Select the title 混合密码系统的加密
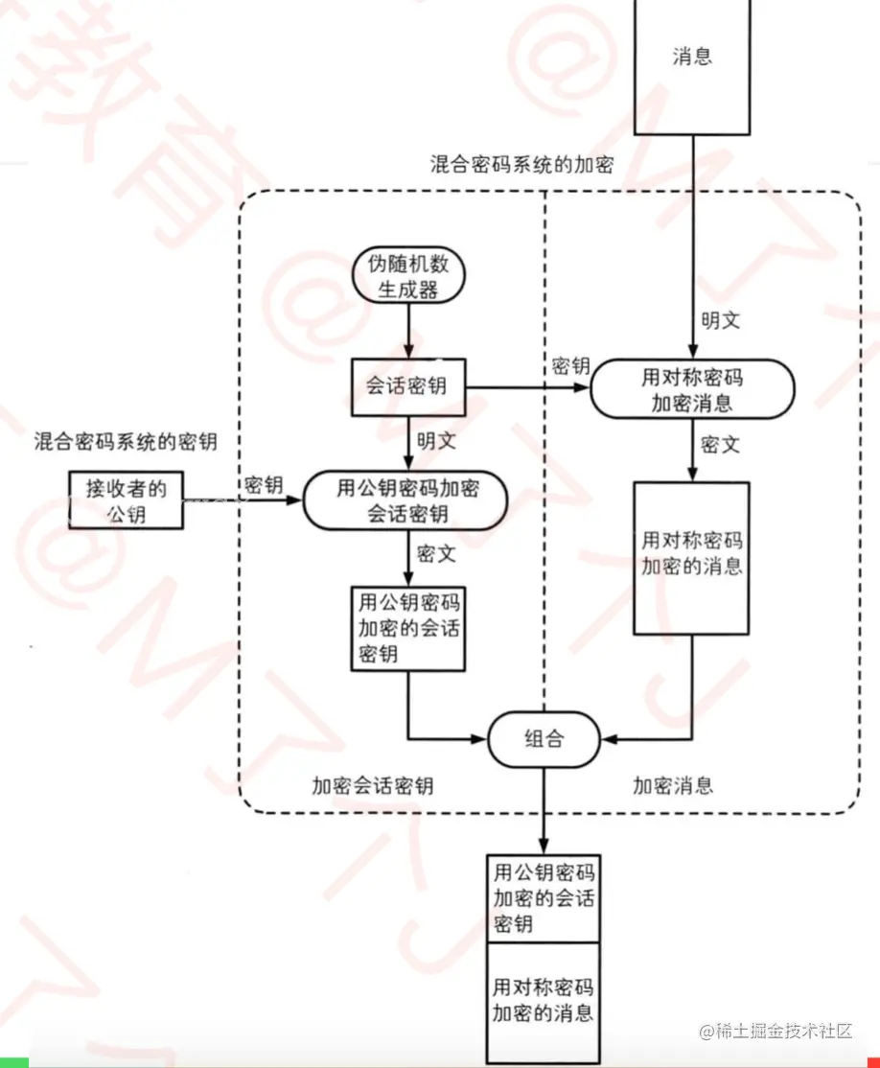coord(521,166)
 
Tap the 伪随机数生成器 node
coord(408,276)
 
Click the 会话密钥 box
coord(408,388)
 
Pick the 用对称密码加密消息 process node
coord(692,389)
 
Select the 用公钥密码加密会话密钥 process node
coord(406,501)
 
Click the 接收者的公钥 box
coord(127,500)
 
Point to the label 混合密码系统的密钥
coord(126,441)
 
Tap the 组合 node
coord(544,738)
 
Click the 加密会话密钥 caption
coord(372,786)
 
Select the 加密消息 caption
coord(673,786)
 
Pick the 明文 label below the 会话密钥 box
coord(436,442)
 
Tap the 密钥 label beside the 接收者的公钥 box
coord(264,484)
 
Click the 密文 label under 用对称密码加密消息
coord(721,445)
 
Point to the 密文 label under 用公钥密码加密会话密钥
coord(436,553)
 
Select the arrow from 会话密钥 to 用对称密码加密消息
coord(527,388)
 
